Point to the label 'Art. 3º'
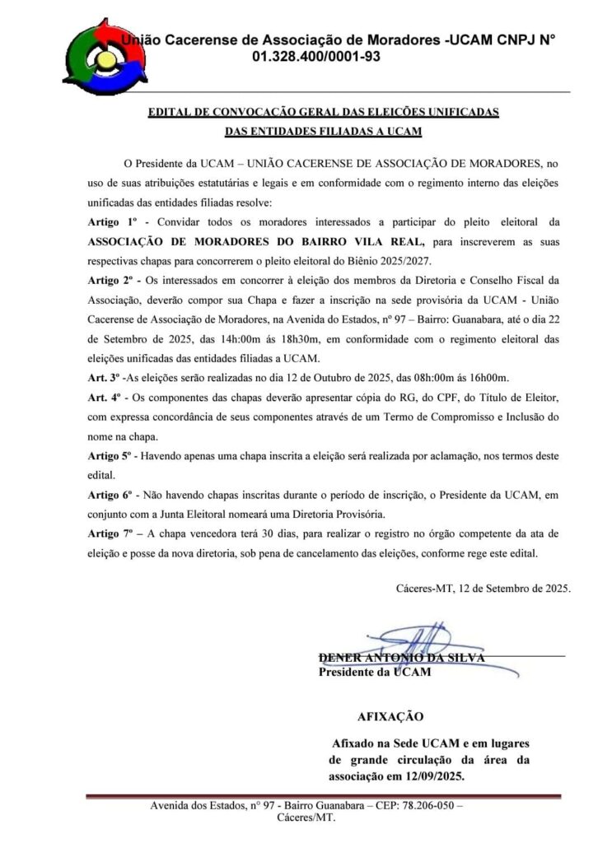pyautogui.click(x=104, y=378)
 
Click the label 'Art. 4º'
pyautogui.click(x=105, y=398)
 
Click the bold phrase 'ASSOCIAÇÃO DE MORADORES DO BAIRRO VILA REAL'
pyautogui.click(x=256, y=242)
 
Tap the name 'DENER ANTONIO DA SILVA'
pyautogui.click(x=401, y=658)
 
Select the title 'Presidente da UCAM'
pyautogui.click(x=374, y=672)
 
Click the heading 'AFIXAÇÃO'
pyautogui.click(x=390, y=716)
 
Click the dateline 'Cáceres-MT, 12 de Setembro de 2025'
pyautogui.click(x=483, y=589)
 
